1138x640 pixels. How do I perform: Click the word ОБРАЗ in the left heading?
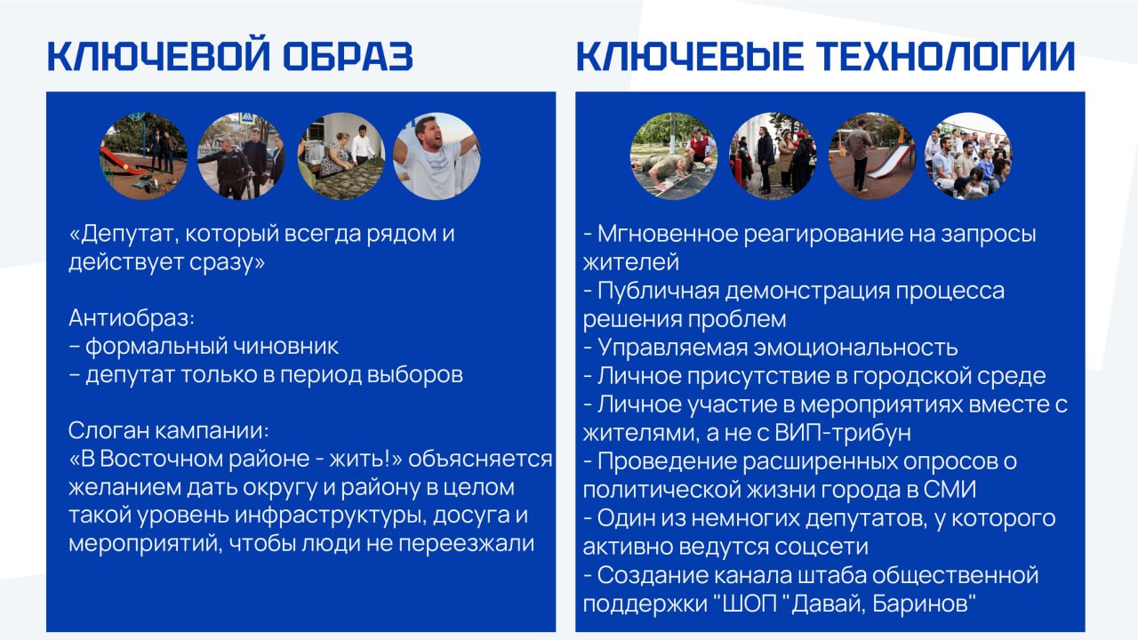click(348, 56)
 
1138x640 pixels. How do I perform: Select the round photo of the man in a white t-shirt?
click(437, 156)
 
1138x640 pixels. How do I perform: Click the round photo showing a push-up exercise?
click(674, 156)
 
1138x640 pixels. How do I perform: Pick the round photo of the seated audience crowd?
click(968, 156)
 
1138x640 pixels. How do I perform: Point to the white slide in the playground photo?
click(890, 163)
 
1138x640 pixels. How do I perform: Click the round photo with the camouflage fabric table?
click(341, 156)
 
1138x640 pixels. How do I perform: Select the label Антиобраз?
click(132, 318)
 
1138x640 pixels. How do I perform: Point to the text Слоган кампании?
click(169, 431)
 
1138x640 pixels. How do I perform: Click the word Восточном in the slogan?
click(161, 459)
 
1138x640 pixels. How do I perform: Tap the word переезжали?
click(466, 543)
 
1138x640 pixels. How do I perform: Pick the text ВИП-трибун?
click(843, 433)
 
